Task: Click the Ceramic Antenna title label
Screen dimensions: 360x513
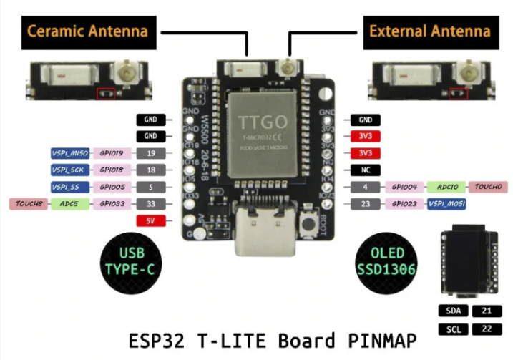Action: point(88,31)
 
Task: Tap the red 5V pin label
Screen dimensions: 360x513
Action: point(151,221)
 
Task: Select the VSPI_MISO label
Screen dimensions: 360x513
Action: point(69,153)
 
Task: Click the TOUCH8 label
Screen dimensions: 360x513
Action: point(29,204)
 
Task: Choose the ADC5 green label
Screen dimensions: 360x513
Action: point(69,204)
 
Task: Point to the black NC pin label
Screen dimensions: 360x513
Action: point(366,170)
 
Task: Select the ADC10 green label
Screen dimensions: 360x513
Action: point(447,187)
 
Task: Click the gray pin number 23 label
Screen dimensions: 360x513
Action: point(366,204)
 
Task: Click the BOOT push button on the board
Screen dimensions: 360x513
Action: point(309,224)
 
